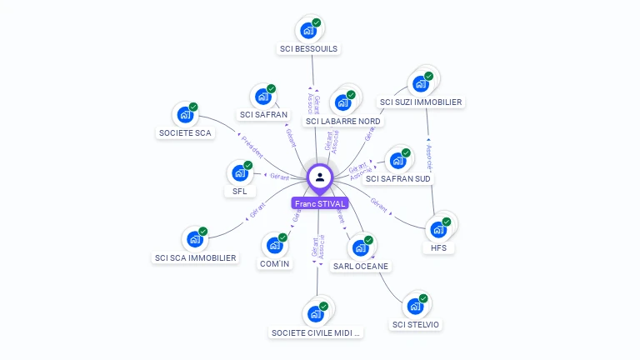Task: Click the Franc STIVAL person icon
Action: click(320, 177)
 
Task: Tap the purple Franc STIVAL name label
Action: click(320, 203)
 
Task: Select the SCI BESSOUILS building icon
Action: click(308, 31)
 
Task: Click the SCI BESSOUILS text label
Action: click(308, 49)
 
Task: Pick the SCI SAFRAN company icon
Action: click(263, 97)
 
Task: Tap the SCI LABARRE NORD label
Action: click(343, 122)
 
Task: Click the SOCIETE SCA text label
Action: click(185, 132)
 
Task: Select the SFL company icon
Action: click(240, 172)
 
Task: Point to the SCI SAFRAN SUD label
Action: click(399, 179)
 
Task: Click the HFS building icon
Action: click(438, 229)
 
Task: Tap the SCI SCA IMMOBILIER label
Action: click(196, 258)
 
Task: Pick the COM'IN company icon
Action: click(274, 246)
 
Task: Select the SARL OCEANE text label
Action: click(361, 267)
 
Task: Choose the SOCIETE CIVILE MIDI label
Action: click(317, 333)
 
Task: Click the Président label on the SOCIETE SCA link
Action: click(252, 147)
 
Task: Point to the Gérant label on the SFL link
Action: click(279, 177)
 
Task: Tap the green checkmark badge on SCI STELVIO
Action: click(423, 298)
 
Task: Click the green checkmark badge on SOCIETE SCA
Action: click(193, 107)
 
